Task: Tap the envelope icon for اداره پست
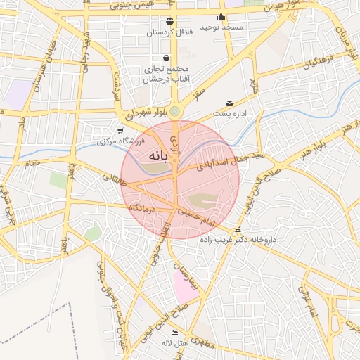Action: [x=229, y=104]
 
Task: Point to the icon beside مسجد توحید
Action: [x=221, y=17]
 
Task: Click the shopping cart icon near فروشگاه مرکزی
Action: [x=121, y=130]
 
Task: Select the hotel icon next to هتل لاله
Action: [x=175, y=333]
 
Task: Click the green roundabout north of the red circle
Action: [x=174, y=112]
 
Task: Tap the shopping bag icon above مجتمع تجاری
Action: [x=165, y=58]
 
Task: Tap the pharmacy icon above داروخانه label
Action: [x=238, y=230]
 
